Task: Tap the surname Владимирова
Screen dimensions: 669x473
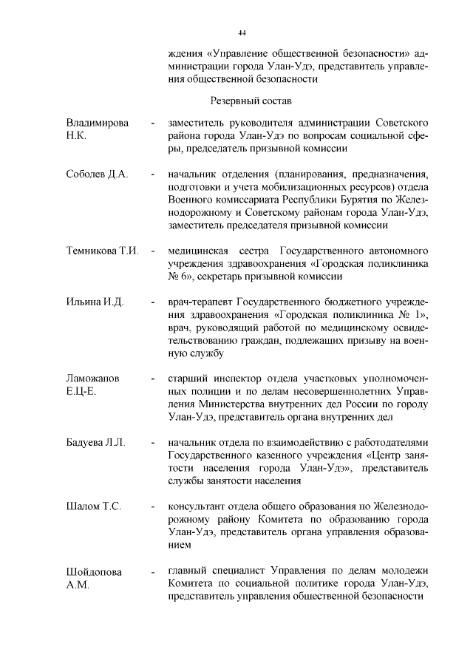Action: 98,121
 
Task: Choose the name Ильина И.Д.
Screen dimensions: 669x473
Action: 94,302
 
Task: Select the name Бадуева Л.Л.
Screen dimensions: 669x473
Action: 96,443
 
